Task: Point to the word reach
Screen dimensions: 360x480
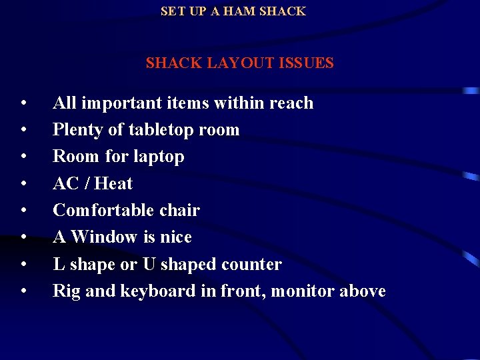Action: pyautogui.click(x=291, y=103)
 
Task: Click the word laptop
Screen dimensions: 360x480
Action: pyautogui.click(x=157, y=157)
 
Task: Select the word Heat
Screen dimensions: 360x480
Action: pyautogui.click(x=113, y=183)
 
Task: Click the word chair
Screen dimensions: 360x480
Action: pyautogui.click(x=179, y=211)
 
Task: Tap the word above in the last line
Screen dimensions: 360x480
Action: pyautogui.click(x=363, y=291)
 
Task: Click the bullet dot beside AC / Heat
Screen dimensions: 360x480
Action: pyautogui.click(x=23, y=184)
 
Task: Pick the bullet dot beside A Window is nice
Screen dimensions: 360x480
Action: pyautogui.click(x=23, y=238)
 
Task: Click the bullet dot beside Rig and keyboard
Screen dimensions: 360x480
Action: pyautogui.click(x=23, y=292)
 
